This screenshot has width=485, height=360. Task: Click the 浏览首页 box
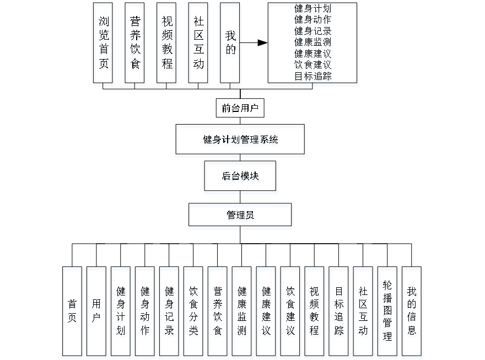click(x=104, y=45)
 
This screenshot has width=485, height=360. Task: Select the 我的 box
click(x=230, y=45)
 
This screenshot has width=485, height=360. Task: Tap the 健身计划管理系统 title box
click(x=240, y=141)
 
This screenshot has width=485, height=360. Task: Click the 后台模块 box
click(x=241, y=178)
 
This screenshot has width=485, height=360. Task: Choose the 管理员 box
click(x=240, y=217)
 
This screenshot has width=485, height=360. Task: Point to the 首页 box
click(x=72, y=312)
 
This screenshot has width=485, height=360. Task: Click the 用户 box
click(x=96, y=312)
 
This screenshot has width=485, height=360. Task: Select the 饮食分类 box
click(x=193, y=312)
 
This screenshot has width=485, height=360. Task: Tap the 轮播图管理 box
click(x=387, y=312)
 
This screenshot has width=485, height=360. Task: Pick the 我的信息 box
click(x=412, y=312)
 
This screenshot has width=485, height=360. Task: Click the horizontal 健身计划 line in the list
click(x=313, y=9)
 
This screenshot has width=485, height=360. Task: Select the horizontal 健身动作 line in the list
click(x=313, y=20)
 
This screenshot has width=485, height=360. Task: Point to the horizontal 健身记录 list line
click(x=313, y=31)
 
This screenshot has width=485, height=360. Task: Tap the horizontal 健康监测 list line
click(x=313, y=42)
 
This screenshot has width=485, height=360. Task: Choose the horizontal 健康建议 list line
click(x=313, y=53)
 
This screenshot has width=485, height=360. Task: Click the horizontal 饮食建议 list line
click(x=313, y=65)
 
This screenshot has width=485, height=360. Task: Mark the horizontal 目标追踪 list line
click(x=313, y=76)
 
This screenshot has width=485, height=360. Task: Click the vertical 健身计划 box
click(x=121, y=312)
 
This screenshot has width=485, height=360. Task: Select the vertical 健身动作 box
click(x=145, y=312)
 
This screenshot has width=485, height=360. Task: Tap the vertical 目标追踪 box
click(x=339, y=312)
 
